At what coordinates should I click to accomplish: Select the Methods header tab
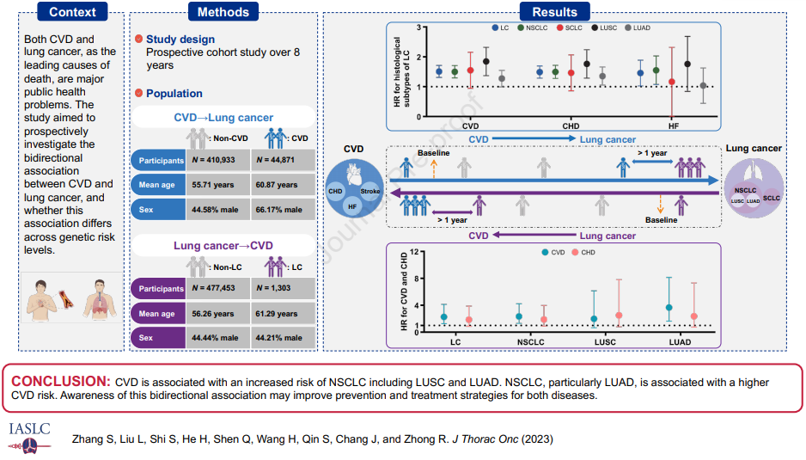[x=223, y=12]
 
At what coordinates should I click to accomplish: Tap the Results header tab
[x=555, y=12]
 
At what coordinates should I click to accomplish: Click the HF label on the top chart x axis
[x=675, y=126]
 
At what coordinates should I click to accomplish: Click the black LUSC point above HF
[x=687, y=64]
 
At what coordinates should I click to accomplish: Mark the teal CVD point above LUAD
[x=669, y=307]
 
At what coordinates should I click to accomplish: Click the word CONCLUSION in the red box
[x=60, y=382]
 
